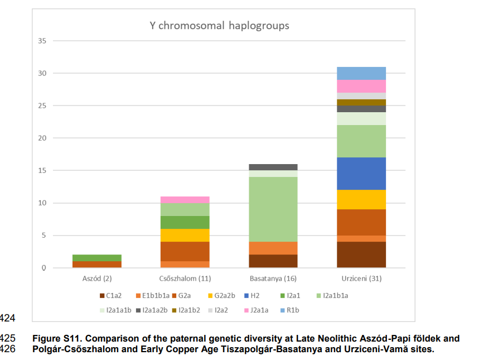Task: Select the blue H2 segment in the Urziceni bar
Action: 361,174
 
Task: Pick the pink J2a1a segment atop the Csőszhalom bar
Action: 185,200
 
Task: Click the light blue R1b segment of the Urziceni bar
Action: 361,73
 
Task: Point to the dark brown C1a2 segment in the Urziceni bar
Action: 361,255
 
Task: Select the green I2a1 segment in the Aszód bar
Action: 97,258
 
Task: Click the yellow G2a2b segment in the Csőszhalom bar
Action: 185,235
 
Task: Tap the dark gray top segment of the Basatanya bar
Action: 273,167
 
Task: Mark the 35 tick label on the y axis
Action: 42,41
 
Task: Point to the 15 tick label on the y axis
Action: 42,170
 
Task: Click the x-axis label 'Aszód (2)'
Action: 97,278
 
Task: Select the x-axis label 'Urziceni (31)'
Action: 361,278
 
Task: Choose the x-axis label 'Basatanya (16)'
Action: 273,278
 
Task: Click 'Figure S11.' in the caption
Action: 57,338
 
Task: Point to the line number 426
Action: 10,349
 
